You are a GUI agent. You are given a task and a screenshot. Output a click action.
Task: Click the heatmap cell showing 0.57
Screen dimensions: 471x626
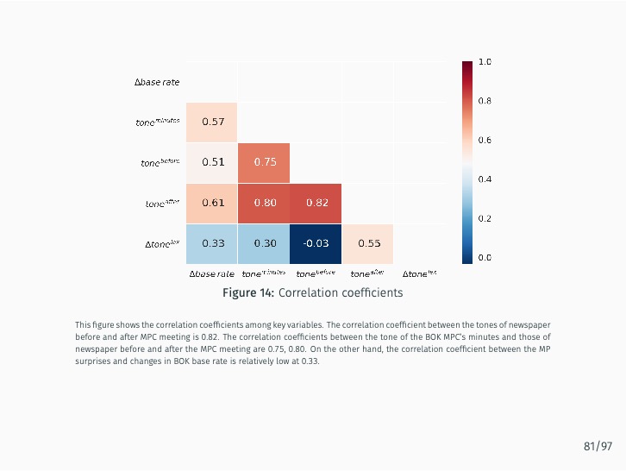212,122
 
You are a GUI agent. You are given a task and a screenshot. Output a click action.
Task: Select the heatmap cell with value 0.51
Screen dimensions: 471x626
212,162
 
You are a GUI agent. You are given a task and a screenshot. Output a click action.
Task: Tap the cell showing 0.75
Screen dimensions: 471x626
265,162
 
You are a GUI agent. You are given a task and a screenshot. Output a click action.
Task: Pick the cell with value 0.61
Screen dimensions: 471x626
212,203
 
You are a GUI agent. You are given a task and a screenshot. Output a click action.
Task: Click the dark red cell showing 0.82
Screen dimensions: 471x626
316,203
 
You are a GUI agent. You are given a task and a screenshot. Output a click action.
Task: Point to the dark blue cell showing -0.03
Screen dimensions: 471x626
316,243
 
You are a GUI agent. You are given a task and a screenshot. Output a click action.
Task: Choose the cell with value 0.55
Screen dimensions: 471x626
368,243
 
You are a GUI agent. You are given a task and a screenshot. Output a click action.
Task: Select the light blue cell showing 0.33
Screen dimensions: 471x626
212,243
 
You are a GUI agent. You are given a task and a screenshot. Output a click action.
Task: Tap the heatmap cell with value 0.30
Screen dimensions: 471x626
265,243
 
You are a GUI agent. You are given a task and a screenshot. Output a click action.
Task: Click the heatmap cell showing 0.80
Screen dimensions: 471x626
265,203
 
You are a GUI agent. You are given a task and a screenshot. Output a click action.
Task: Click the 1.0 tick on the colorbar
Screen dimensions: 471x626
485,62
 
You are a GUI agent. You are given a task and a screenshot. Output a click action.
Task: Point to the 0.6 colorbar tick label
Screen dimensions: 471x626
485,140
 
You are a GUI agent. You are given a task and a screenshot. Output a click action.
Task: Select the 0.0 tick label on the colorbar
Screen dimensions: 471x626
485,257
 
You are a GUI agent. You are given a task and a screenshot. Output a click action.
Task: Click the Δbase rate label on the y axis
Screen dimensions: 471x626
157,82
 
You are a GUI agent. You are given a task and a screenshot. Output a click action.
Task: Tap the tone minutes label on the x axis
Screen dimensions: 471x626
264,273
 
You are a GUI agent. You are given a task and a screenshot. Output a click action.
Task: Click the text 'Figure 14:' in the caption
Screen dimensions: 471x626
248,293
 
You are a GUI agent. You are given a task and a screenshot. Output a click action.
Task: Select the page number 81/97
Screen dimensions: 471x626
598,446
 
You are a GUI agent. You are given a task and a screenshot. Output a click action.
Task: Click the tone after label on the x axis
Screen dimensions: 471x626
367,273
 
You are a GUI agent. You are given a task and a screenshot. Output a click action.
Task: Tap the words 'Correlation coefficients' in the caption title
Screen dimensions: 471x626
341,293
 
